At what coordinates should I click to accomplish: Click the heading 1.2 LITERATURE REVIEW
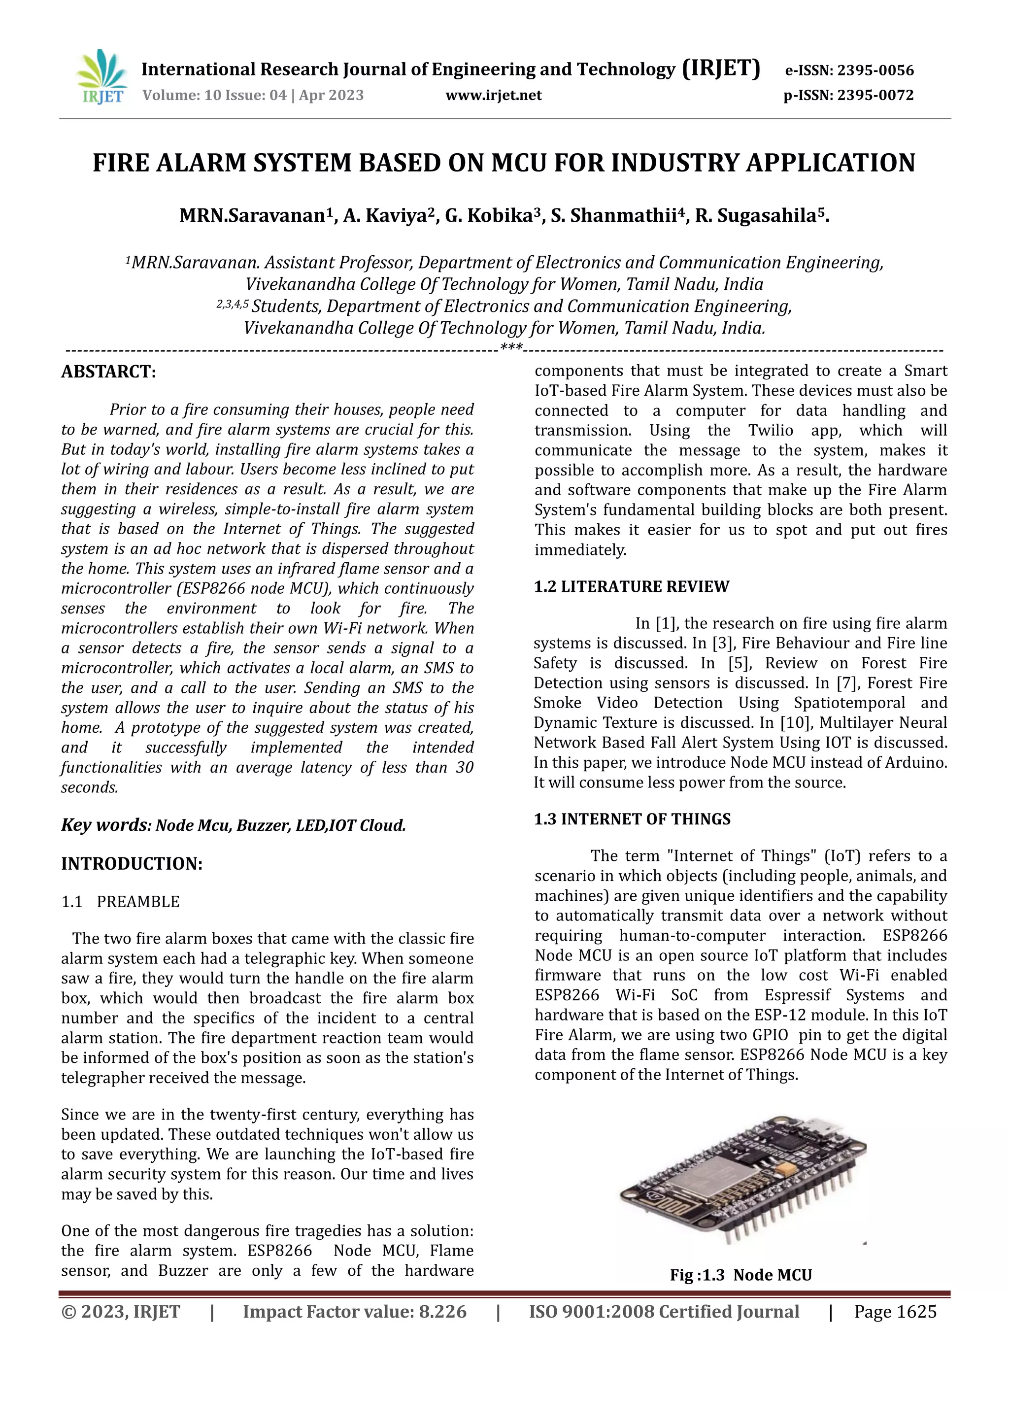tap(631, 587)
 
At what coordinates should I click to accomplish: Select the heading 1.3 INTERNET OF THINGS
tap(632, 819)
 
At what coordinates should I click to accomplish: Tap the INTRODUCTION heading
tap(132, 864)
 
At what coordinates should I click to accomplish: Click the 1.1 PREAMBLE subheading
tap(121, 902)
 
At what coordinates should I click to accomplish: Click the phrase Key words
tap(104, 825)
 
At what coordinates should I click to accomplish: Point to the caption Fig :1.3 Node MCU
tap(740, 1275)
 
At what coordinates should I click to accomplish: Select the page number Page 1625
tap(895, 1312)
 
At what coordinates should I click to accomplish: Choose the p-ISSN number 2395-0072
tap(875, 95)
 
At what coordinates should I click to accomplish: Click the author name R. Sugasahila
tap(761, 216)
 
